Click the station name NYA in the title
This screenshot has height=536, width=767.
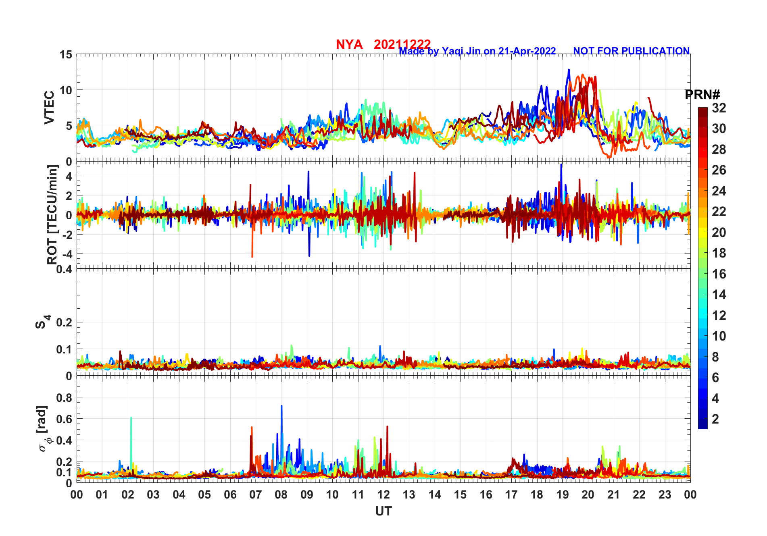tap(349, 44)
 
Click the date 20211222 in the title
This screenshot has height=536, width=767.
tap(402, 44)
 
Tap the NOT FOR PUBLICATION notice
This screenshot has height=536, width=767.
tap(631, 51)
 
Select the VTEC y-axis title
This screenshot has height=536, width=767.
tap(49, 108)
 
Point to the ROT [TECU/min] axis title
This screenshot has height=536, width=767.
tap(52, 215)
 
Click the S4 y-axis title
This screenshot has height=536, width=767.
tap(41, 322)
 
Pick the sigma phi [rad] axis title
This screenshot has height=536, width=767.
tap(43, 429)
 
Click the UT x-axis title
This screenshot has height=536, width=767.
tap(383, 511)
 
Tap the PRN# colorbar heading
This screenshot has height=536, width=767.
tap(702, 95)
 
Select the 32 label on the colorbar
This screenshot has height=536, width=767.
tap(719, 108)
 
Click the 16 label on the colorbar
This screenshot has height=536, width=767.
tap(719, 274)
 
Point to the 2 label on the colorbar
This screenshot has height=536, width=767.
tap(715, 419)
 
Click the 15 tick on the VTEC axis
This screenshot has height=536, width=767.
tap(66, 54)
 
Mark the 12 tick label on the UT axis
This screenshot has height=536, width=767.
tap(383, 495)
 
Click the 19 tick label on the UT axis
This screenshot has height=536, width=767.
tap(563, 495)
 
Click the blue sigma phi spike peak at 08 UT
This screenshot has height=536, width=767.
tap(281, 406)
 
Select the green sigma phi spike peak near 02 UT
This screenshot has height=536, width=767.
tap(131, 418)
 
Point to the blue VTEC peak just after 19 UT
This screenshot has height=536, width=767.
tap(569, 70)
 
